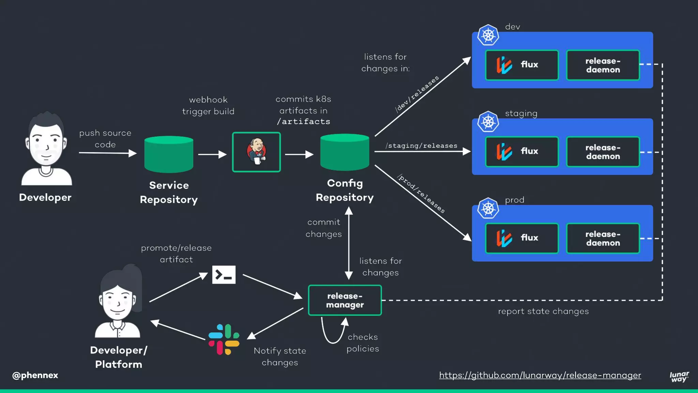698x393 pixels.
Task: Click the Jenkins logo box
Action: (x=256, y=152)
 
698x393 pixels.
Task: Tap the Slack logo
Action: (x=224, y=339)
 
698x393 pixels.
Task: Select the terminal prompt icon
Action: (x=224, y=275)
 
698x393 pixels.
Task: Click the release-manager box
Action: (x=345, y=300)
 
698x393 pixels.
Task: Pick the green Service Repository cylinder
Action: (x=169, y=154)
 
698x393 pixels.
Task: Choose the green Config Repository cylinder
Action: (x=345, y=152)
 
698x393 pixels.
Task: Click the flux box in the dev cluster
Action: (x=521, y=65)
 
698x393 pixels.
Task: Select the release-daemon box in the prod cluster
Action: (x=603, y=238)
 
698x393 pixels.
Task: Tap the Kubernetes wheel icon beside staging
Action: (x=488, y=122)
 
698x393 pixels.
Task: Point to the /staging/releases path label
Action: (x=421, y=146)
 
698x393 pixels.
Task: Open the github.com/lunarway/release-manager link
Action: (x=540, y=375)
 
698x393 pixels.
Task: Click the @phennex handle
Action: (x=35, y=375)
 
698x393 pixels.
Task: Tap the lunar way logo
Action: (x=679, y=377)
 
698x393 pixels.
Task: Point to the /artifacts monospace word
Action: (x=303, y=121)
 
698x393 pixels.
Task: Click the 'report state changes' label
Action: (x=543, y=311)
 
